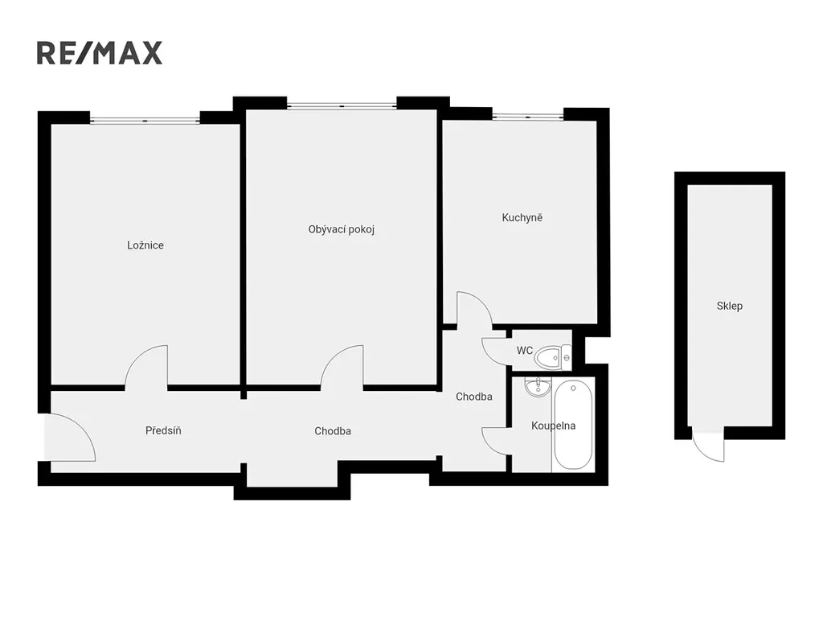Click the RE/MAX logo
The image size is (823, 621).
coord(100,53)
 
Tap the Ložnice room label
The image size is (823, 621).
coord(145,245)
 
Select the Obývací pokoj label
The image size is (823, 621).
coord(341,229)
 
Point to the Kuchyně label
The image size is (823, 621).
coord(522,217)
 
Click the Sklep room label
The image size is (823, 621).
coord(730,306)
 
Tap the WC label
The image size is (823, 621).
coord(524,351)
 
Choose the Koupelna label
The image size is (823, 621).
coord(553,426)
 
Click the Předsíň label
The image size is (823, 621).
coord(163,430)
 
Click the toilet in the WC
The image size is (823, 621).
coord(553,357)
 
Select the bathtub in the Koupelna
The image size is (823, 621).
coord(573,425)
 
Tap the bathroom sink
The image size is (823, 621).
coord(536,387)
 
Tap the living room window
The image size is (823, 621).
coord(342,106)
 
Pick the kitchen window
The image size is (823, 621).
coord(527,117)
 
